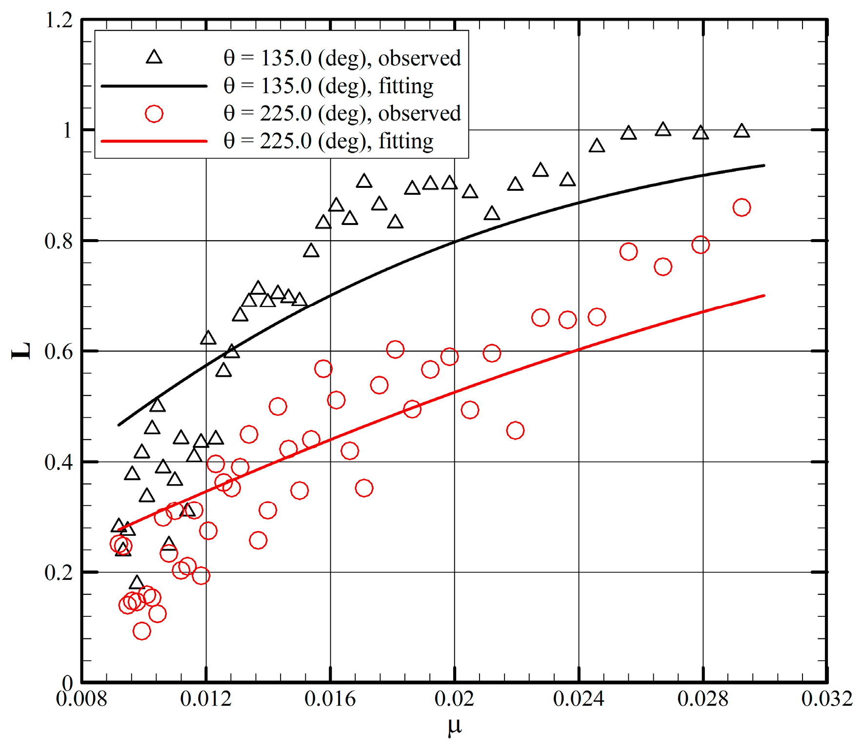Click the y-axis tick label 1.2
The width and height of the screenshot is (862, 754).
(58, 20)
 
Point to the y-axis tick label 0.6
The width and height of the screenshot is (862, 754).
(58, 351)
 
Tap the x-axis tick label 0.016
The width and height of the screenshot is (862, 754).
(330, 699)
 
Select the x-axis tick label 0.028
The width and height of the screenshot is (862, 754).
(703, 699)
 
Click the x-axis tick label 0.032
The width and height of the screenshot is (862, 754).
(827, 699)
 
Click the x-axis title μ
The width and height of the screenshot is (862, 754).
(454, 726)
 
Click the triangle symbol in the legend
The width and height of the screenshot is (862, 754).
(154, 58)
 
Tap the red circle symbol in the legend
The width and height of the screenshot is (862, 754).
(154, 114)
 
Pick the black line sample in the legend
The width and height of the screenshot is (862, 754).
(154, 86)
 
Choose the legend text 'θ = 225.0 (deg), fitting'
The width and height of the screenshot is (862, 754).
(328, 141)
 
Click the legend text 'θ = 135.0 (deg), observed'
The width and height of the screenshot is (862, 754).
(342, 58)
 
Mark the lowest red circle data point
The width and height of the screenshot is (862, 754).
(141, 631)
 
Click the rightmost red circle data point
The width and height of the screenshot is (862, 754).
(742, 207)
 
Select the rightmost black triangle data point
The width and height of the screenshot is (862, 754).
(742, 131)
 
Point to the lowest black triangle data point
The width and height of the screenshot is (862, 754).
(137, 583)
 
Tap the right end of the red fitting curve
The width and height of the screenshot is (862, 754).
(763, 296)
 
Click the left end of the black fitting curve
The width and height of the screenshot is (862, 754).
(119, 425)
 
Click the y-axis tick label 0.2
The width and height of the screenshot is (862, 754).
(58, 572)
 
